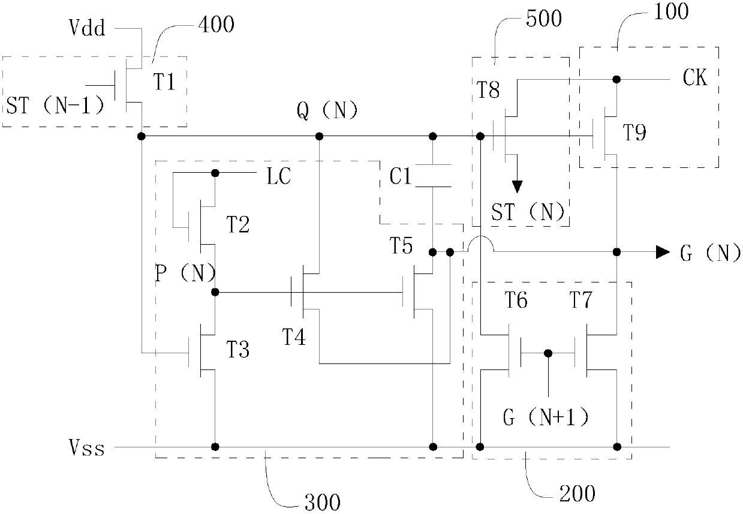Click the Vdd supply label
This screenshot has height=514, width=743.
87,28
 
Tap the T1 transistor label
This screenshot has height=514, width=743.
164,82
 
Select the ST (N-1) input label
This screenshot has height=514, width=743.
55,106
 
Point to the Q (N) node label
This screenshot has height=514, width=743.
327,110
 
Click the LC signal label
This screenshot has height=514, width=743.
279,176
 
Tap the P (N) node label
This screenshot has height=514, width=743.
185,273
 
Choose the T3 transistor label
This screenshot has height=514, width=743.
238,350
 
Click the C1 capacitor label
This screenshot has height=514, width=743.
401,176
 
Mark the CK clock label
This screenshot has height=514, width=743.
695,77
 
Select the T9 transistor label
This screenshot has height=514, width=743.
634,133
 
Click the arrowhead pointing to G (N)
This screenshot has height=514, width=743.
663,252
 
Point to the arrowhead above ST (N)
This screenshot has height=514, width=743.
517,187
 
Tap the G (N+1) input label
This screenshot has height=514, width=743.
546,417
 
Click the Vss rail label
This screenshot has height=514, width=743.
87,447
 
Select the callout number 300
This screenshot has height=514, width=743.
323,502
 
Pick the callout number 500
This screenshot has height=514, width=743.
544,18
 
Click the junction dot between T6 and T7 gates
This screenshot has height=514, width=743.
548,353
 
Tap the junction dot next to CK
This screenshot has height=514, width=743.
616,79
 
